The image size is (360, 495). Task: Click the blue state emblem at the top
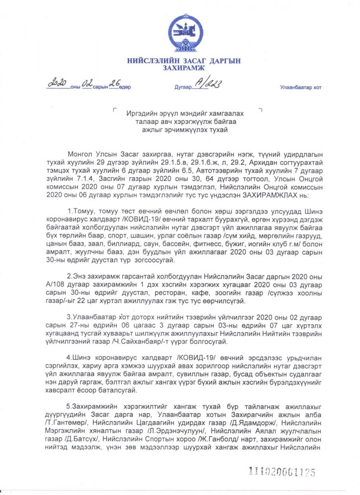pyautogui.click(x=185, y=33)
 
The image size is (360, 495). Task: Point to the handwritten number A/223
pyautogui.click(x=208, y=85)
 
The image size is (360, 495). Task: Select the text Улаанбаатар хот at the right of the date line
pyautogui.click(x=301, y=87)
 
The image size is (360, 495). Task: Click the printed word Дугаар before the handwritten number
pyautogui.click(x=182, y=87)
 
